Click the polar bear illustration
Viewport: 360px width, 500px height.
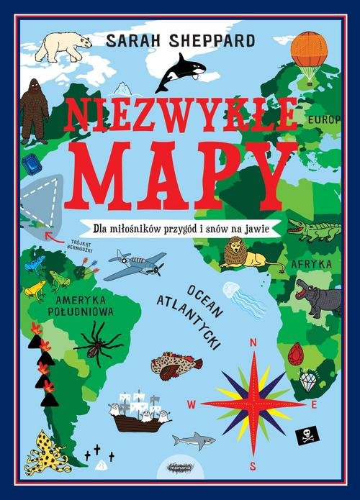pos(63,46)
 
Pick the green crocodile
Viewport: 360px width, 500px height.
pos(313,229)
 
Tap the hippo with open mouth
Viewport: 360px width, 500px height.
pos(318,294)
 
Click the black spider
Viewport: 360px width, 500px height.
pos(95,342)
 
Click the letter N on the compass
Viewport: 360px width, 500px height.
pos(253,342)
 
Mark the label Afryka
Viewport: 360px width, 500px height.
pos(310,264)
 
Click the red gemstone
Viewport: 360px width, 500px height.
pos(294,354)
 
